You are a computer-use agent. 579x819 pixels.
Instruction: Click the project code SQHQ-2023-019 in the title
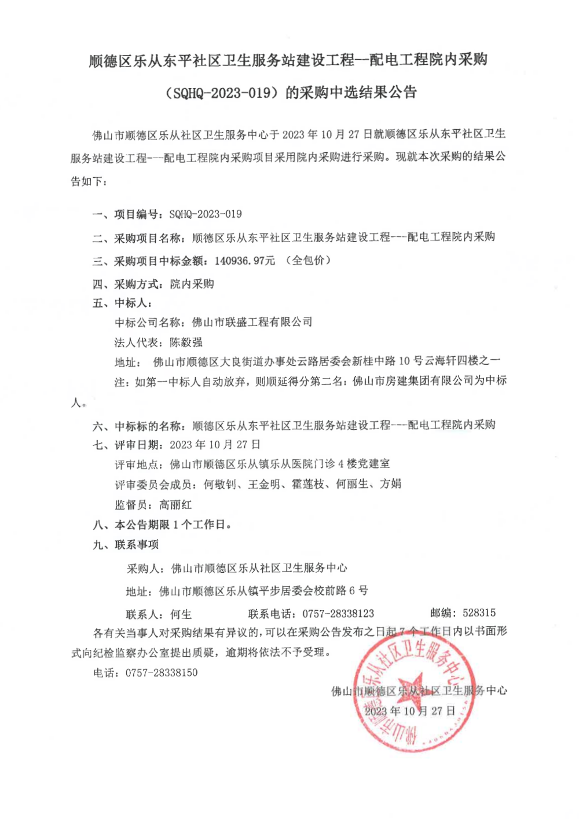point(223,93)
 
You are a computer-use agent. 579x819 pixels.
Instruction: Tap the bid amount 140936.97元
point(244,261)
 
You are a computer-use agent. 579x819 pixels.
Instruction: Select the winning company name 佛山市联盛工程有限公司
point(252,322)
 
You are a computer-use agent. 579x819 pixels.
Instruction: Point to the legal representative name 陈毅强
point(186,342)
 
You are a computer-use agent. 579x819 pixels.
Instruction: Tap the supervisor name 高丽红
point(175,504)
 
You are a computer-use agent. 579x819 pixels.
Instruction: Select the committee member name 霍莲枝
point(308,484)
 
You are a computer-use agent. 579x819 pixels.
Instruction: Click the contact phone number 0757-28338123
point(338,613)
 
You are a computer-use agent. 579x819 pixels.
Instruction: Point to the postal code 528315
point(479,613)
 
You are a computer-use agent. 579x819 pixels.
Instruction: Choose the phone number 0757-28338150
point(162,672)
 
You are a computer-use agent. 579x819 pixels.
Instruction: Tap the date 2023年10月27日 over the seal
point(410,711)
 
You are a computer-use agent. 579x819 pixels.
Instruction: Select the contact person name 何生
point(181,614)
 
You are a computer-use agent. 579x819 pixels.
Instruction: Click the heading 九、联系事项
point(126,544)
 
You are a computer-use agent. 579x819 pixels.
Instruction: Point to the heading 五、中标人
point(122,303)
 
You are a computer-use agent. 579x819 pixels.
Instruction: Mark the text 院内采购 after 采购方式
point(192,284)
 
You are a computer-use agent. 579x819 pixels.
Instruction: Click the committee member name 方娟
point(390,484)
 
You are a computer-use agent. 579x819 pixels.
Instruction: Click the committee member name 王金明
point(264,484)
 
